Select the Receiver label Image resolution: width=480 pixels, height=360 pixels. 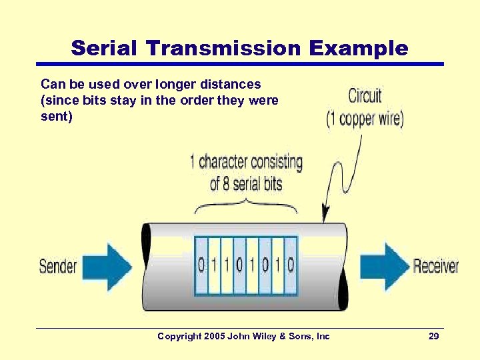[x=436, y=267]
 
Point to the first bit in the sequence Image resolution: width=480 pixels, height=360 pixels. [x=201, y=265]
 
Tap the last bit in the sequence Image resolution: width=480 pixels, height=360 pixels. [x=290, y=265]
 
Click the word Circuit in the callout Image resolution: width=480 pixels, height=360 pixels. [x=365, y=96]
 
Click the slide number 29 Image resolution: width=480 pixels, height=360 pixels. [x=433, y=337]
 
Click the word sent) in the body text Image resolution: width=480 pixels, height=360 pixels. [x=55, y=115]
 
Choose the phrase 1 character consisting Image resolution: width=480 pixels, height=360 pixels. [x=246, y=162]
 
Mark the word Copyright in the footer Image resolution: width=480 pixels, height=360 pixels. [x=179, y=337]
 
